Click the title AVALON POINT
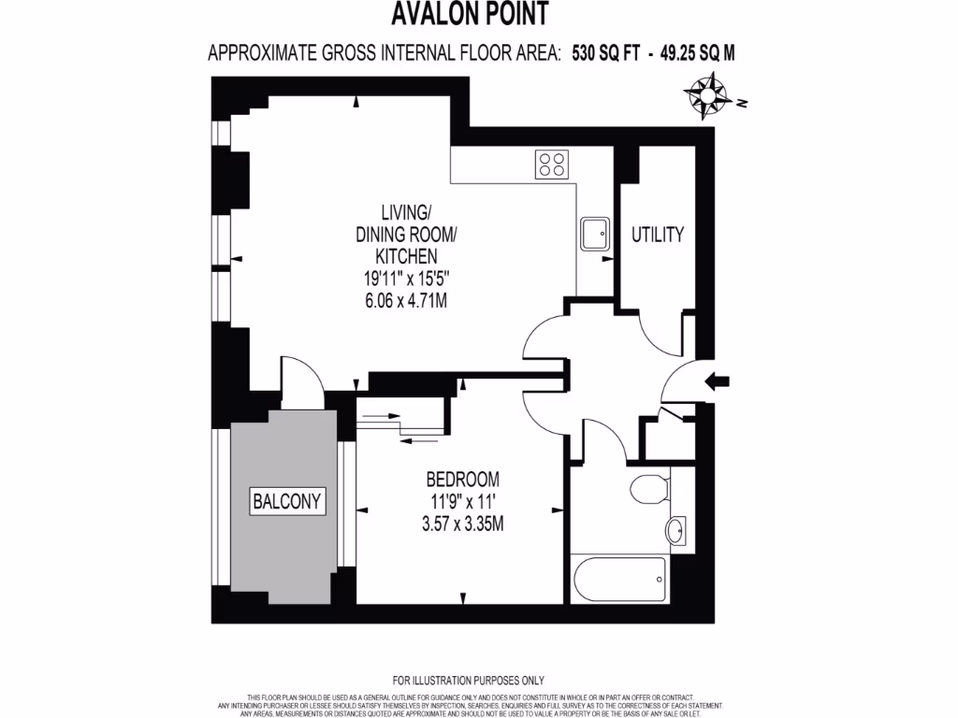click(470, 15)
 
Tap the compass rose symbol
click(707, 96)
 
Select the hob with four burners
click(551, 165)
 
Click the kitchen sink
click(594, 234)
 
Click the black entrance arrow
click(718, 381)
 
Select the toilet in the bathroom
click(646, 488)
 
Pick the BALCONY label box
click(287, 501)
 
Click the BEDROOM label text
click(462, 480)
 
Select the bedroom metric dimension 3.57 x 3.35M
click(462, 524)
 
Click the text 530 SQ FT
click(603, 53)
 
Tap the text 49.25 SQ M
click(697, 53)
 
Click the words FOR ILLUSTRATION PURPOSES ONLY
click(468, 681)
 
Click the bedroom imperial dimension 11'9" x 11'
click(462, 502)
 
